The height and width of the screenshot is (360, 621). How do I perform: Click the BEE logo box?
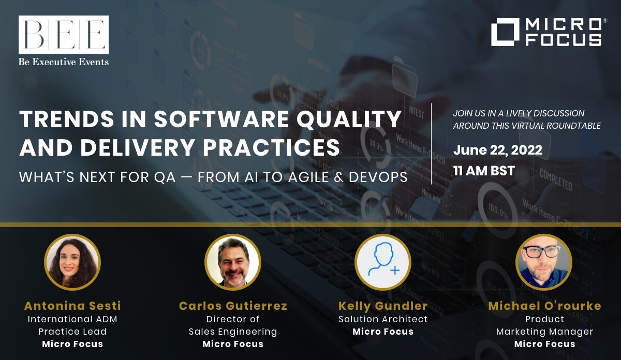pyautogui.click(x=64, y=34)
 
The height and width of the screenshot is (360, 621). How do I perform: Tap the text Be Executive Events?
pyautogui.click(x=64, y=62)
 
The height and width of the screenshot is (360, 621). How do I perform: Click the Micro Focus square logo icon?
pyautogui.click(x=505, y=32)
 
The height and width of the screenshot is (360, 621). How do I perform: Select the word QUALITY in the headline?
pyautogui.click(x=349, y=119)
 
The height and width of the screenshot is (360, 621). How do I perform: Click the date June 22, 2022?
pyautogui.click(x=498, y=150)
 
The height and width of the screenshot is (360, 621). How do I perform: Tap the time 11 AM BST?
pyautogui.click(x=484, y=171)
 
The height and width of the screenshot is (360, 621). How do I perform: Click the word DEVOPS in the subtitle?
pyautogui.click(x=378, y=177)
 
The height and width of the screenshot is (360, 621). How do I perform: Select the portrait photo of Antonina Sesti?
pyautogui.click(x=72, y=262)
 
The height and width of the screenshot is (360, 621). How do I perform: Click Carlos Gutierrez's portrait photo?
pyautogui.click(x=233, y=262)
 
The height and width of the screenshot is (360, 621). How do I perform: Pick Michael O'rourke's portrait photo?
pyautogui.click(x=544, y=262)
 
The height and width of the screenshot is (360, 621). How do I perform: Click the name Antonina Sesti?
pyautogui.click(x=72, y=306)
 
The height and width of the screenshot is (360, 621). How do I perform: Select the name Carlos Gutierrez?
pyautogui.click(x=233, y=306)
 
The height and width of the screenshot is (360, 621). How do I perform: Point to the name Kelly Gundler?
pyautogui.click(x=383, y=306)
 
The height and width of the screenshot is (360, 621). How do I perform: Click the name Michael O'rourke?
pyautogui.click(x=544, y=306)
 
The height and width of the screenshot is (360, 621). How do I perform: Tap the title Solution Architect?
pyautogui.click(x=383, y=319)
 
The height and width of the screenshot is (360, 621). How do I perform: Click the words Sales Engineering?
pyautogui.click(x=233, y=332)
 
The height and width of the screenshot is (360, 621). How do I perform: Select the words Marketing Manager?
pyautogui.click(x=544, y=332)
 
